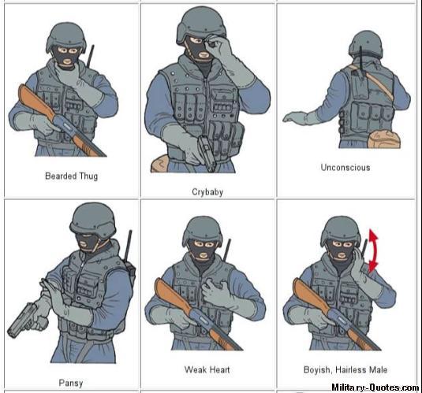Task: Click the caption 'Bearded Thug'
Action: [71, 176]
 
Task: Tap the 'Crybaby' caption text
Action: [207, 192]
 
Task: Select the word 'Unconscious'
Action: [345, 168]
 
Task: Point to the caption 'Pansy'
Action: [71, 383]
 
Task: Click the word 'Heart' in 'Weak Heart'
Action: [219, 369]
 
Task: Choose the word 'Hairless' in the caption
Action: [351, 369]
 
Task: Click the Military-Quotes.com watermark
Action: [375, 387]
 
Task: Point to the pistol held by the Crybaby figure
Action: [207, 153]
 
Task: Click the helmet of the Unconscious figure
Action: [366, 43]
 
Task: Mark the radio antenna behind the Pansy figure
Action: [129, 246]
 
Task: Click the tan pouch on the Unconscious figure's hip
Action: [383, 139]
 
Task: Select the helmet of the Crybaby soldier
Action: [201, 25]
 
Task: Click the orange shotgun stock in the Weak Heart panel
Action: [172, 295]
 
